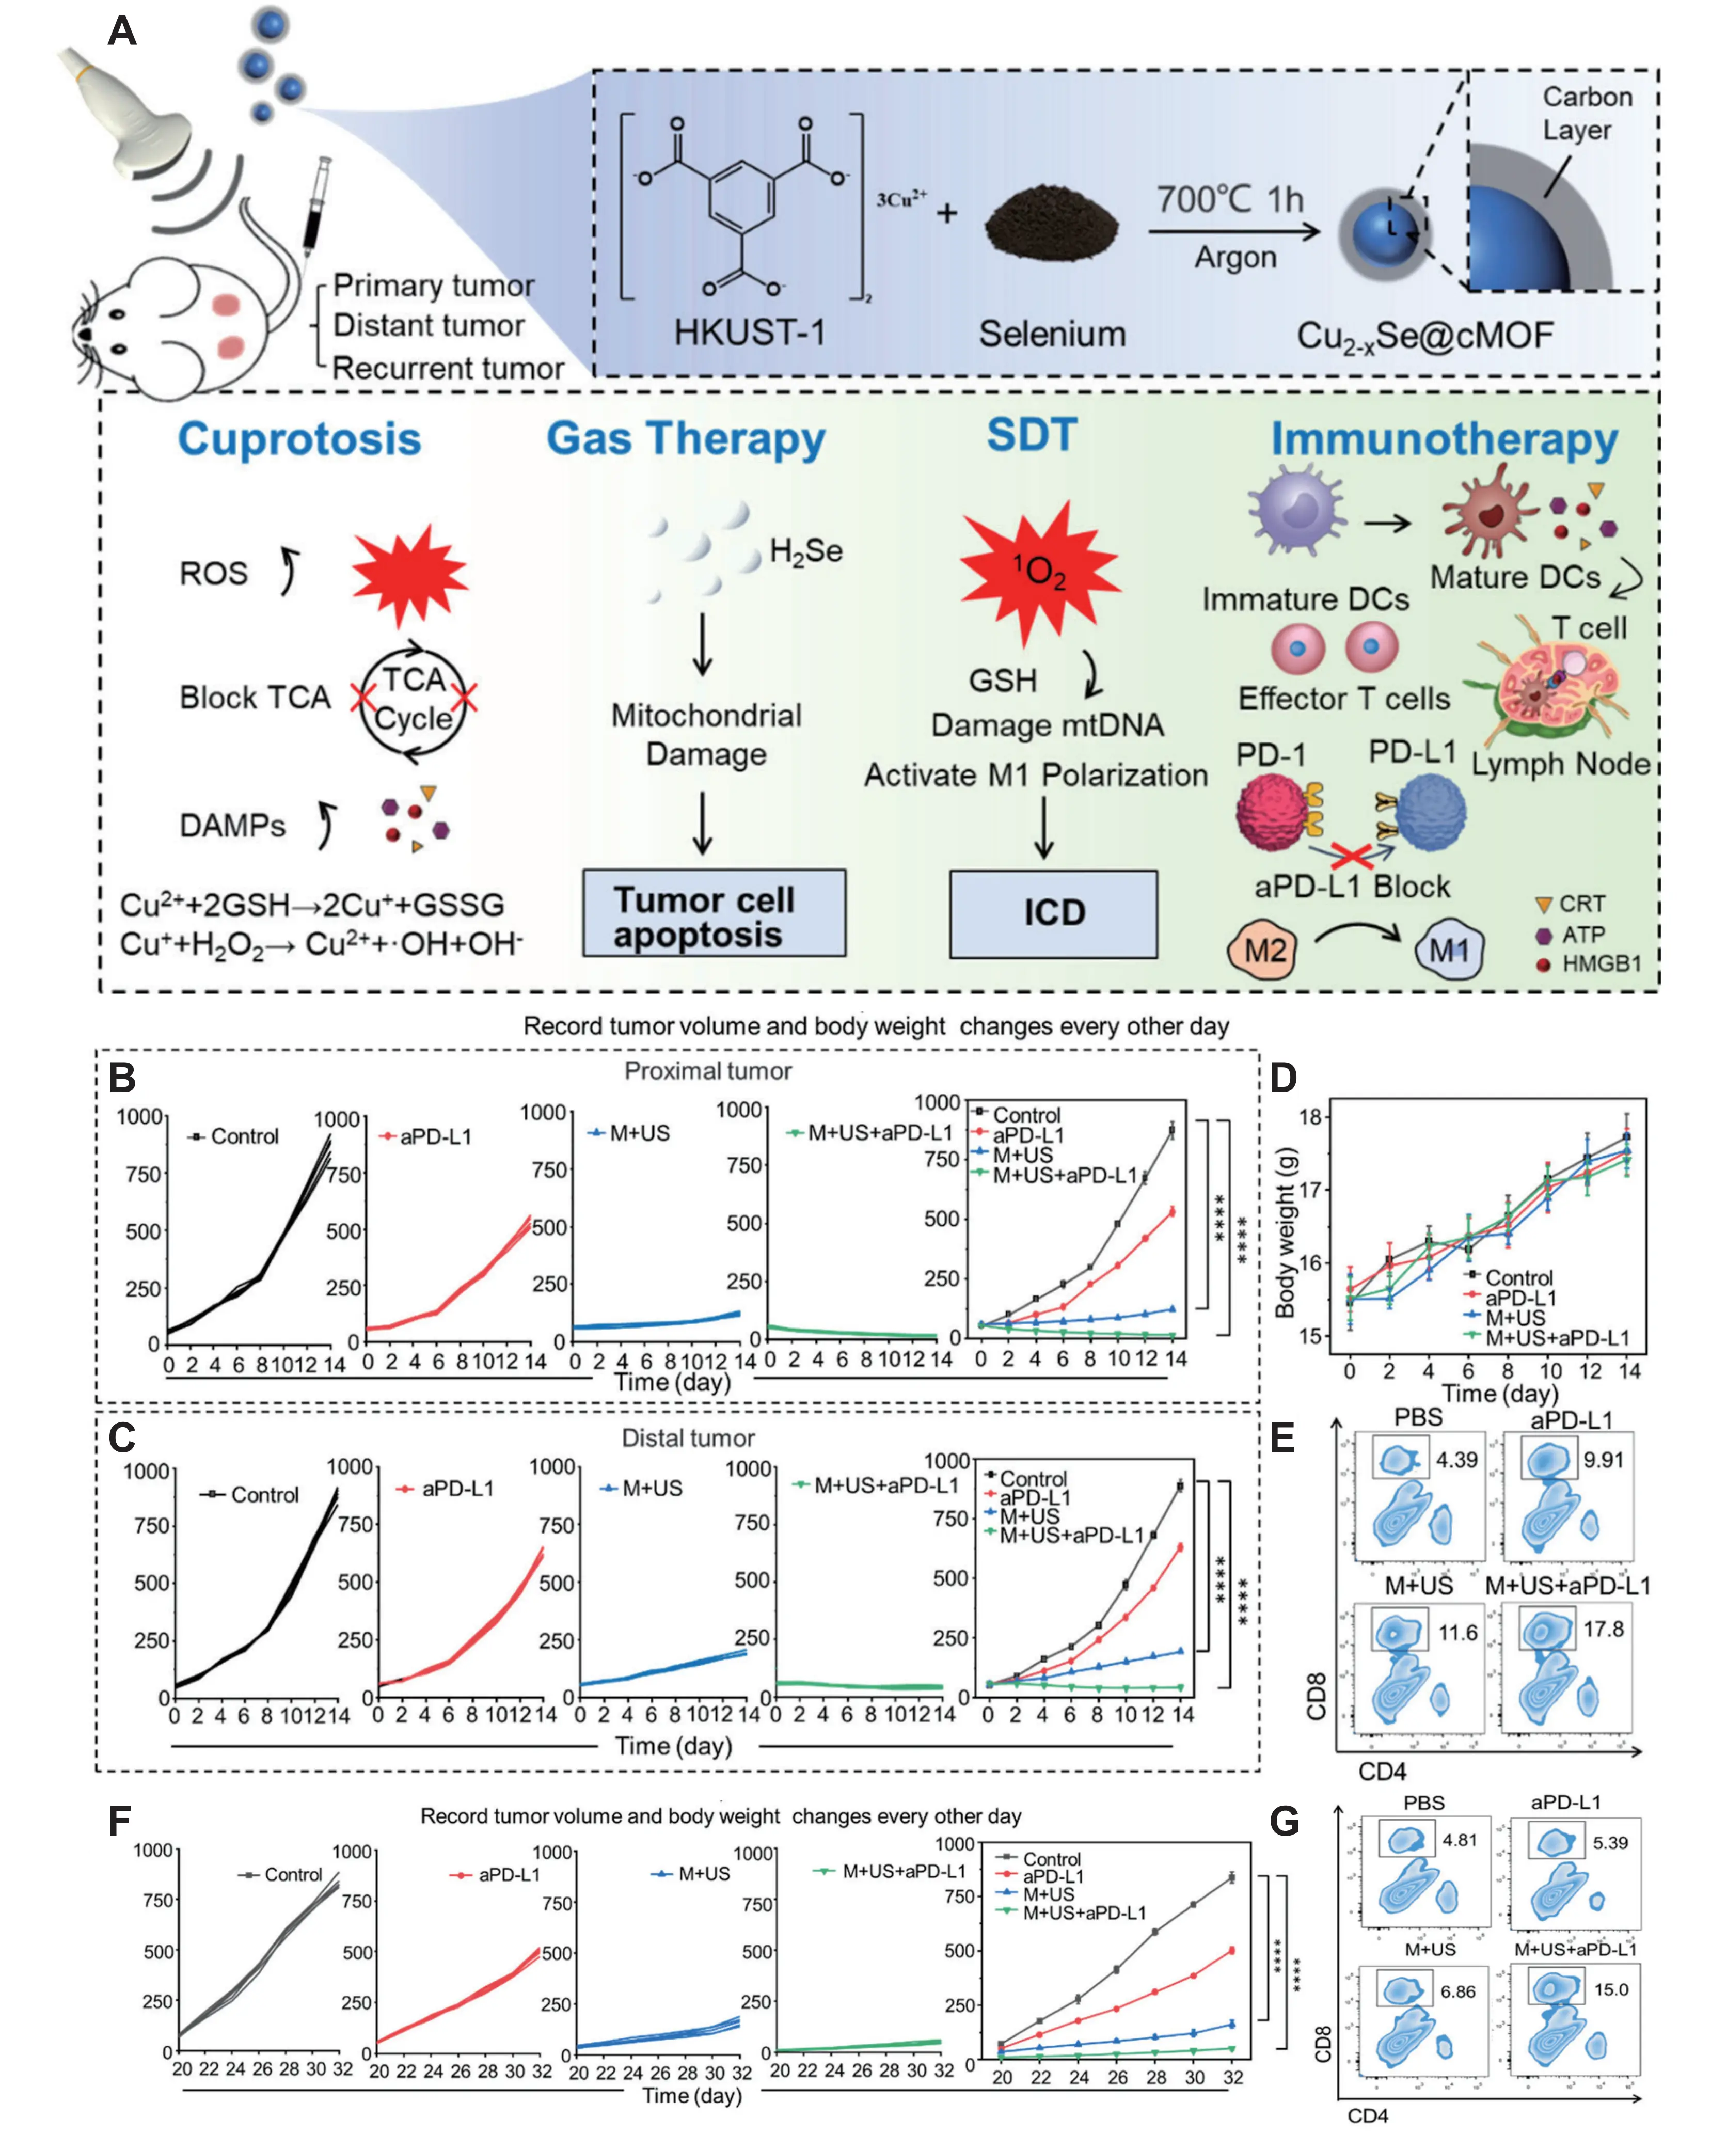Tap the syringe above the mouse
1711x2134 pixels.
coord(316,208)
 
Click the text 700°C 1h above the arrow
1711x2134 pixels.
coord(1230,200)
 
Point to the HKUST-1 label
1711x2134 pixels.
coord(749,333)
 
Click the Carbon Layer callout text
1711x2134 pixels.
coord(1586,113)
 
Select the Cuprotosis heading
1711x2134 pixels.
coord(299,438)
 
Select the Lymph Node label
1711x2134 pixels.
coord(1560,764)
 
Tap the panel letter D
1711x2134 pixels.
coord(1284,1077)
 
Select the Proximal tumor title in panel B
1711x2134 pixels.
coord(707,1071)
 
